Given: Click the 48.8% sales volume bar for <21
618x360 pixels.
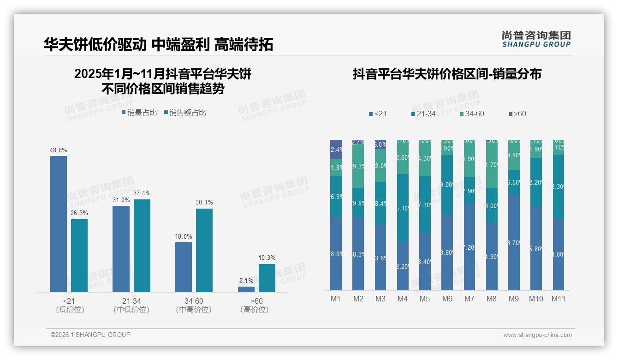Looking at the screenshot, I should coord(59,224).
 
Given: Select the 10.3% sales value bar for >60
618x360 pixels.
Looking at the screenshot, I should coord(267,278).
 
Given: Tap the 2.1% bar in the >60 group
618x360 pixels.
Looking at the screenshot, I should coord(246,289).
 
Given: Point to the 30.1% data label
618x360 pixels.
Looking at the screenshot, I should coord(204,203).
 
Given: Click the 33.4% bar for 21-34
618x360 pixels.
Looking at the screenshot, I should coord(142,246).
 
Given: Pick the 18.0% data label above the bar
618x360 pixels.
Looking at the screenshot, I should coord(183,236).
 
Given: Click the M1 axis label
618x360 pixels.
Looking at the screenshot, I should coord(336,299).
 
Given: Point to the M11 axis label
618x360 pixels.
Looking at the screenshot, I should coord(559,299).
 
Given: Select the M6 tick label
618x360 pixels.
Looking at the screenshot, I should coord(447,299).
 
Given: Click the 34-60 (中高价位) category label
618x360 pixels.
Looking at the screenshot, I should coord(194,305).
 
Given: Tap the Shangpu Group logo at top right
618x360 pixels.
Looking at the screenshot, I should coord(536,39).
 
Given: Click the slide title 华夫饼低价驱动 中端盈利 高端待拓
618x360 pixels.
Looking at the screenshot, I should coord(158,44).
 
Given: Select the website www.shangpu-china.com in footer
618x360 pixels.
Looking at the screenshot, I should coord(537,335).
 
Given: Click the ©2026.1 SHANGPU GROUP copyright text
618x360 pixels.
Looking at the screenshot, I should coord(90,335).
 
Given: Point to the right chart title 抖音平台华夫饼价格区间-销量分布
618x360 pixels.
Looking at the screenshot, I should coord(447,74).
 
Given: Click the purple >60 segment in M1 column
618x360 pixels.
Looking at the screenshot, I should coord(336,149).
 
